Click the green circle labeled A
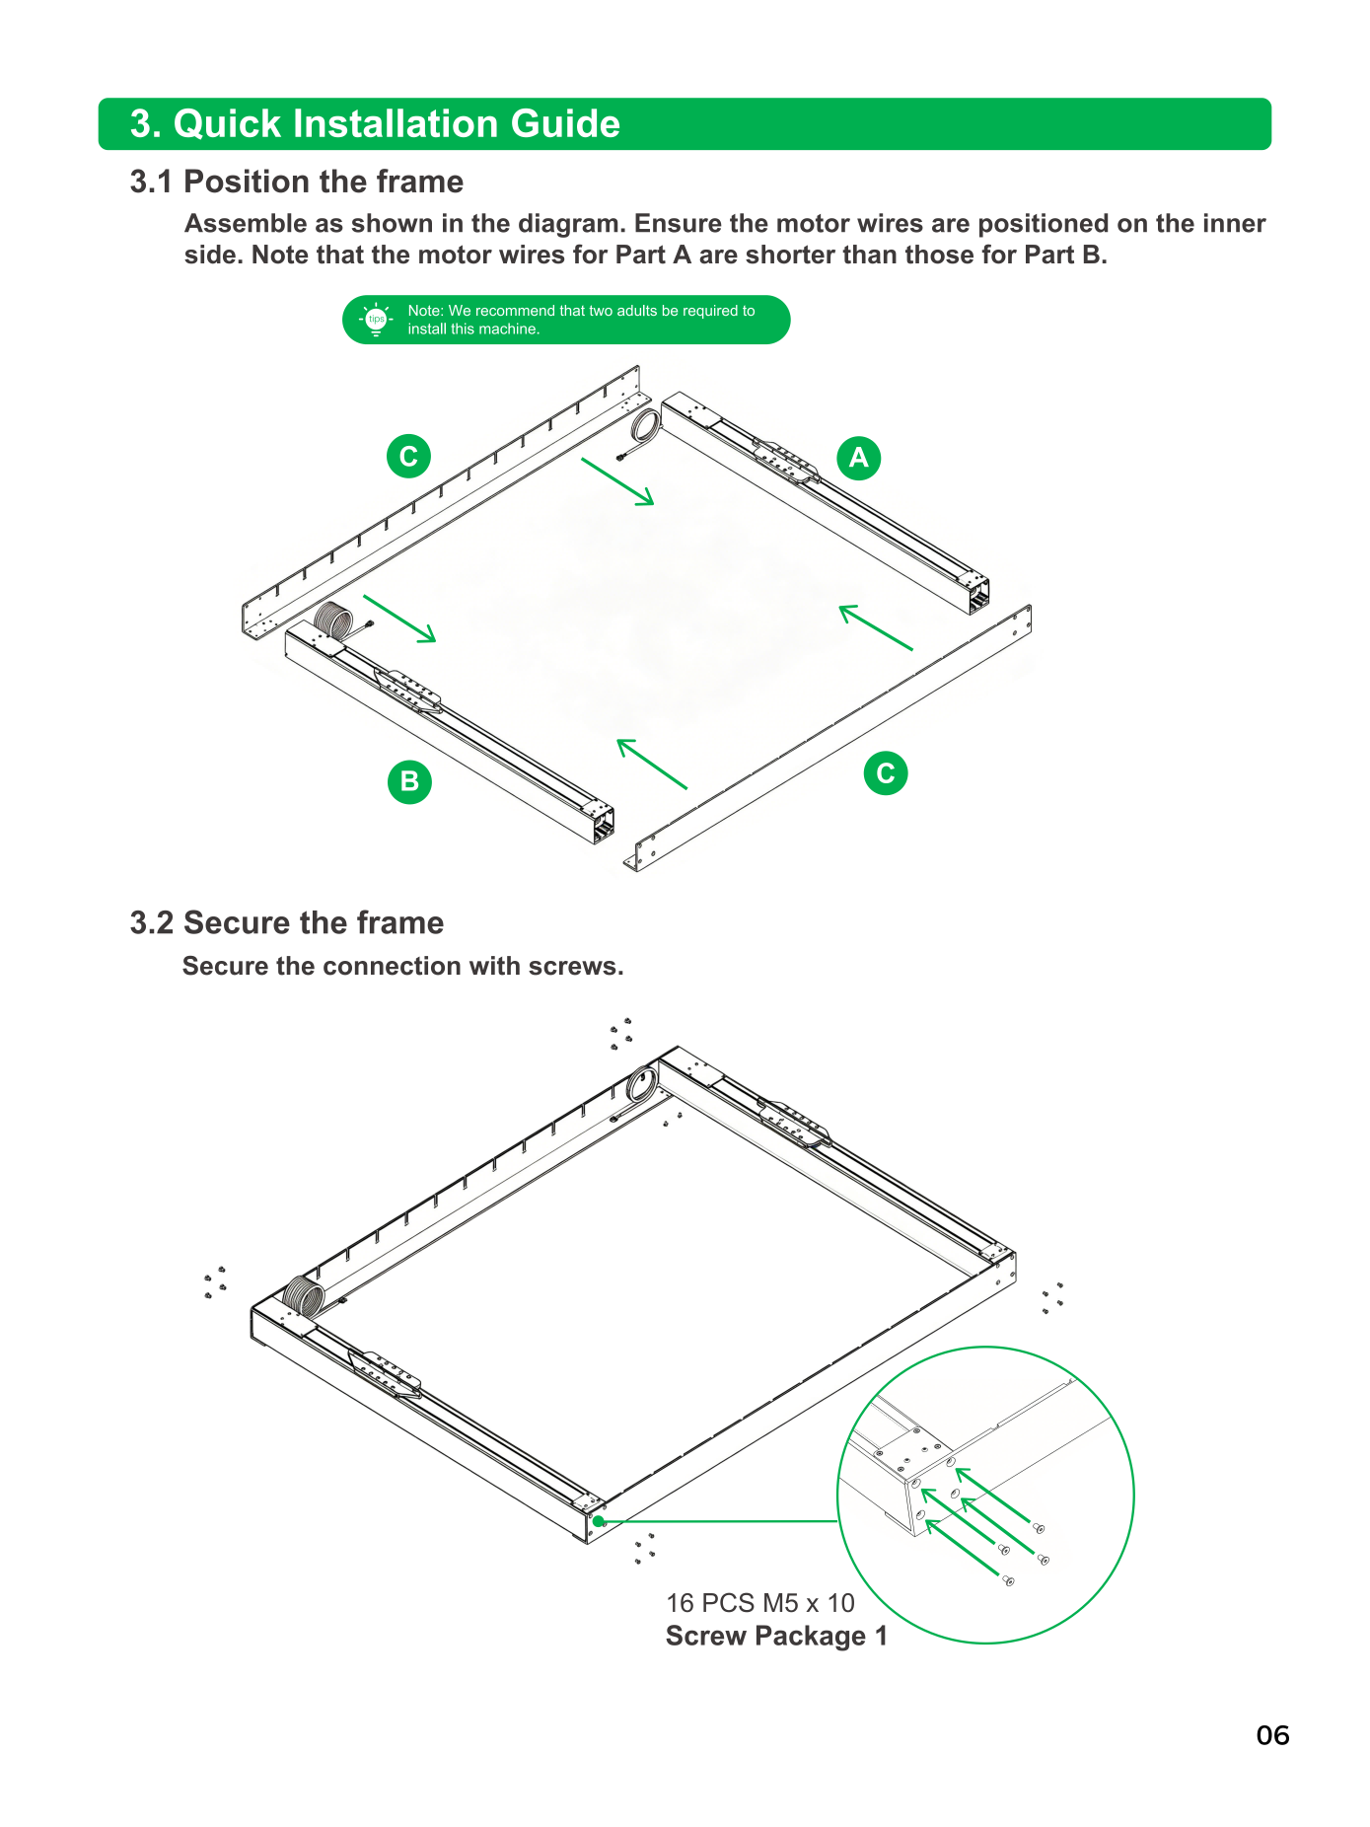(x=859, y=458)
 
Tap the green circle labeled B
(x=409, y=781)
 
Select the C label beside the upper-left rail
(x=408, y=456)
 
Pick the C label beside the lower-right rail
(x=886, y=773)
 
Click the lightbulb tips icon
(x=376, y=320)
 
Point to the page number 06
(x=1272, y=1735)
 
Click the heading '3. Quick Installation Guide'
(x=375, y=124)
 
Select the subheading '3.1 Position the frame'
(x=296, y=182)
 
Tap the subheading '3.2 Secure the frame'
(x=287, y=922)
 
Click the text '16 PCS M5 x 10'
(x=760, y=1603)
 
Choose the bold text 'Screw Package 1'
(x=776, y=1636)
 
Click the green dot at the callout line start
(x=599, y=1521)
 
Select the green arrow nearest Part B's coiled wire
(x=399, y=619)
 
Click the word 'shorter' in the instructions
(x=790, y=255)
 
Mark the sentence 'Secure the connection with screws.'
(x=403, y=966)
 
